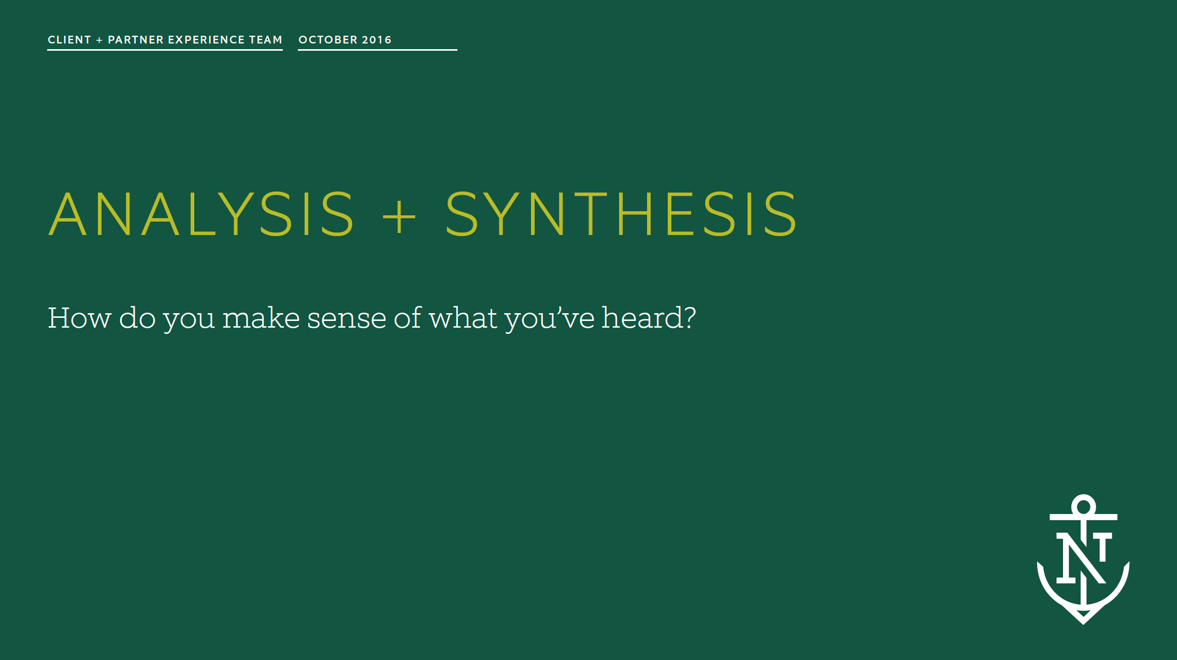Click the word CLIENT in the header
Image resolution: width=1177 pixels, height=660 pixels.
69,40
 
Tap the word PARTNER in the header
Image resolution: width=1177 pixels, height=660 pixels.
136,40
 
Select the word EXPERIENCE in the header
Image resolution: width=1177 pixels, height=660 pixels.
206,40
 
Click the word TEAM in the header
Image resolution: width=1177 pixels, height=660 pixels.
266,40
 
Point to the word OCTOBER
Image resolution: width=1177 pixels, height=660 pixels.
328,40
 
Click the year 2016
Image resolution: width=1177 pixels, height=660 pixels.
377,40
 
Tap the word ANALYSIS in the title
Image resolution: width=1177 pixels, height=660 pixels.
202,214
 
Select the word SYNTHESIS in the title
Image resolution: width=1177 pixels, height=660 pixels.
621,214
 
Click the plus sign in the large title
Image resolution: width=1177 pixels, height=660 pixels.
399,216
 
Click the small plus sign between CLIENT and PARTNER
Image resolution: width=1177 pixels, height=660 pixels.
99,40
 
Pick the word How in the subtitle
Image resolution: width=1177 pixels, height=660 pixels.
79,318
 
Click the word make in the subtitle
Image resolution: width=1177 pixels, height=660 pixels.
261,318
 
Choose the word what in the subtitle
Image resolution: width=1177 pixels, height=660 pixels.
463,318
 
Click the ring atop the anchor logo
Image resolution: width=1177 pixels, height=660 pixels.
1083,506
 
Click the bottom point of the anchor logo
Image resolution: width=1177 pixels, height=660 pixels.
1083,621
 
